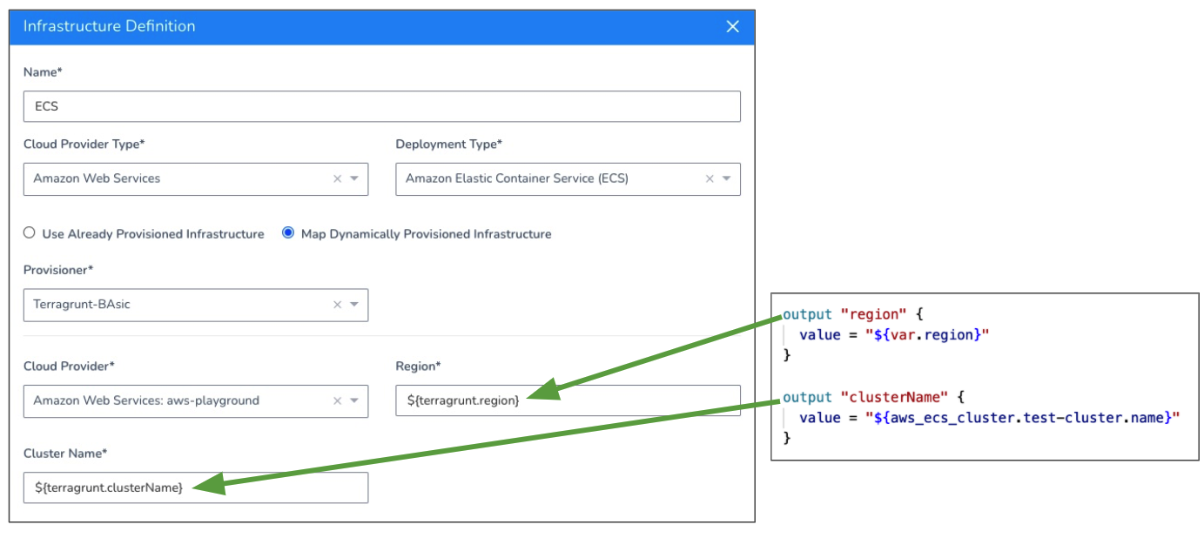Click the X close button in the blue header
(x=732, y=26)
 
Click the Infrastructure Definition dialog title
(x=109, y=26)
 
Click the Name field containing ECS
(x=381, y=106)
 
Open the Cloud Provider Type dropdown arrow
(x=354, y=178)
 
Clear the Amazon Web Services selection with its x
(x=337, y=178)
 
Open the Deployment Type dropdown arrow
(x=726, y=178)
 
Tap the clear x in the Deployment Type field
(x=710, y=178)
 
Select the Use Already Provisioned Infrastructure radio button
(x=29, y=232)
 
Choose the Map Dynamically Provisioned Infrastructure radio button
(x=288, y=232)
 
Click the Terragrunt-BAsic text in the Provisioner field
(x=82, y=304)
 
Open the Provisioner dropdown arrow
(x=354, y=304)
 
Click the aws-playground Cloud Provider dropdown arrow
(x=354, y=400)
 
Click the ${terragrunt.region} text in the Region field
(x=463, y=400)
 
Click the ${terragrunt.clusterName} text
(x=109, y=488)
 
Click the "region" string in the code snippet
(x=873, y=314)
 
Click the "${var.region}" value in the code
(x=927, y=335)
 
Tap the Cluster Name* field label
(x=65, y=454)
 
